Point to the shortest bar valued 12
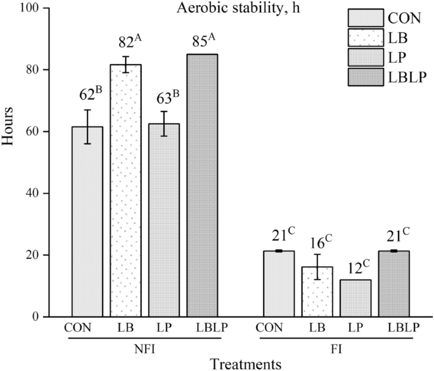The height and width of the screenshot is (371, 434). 355,297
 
